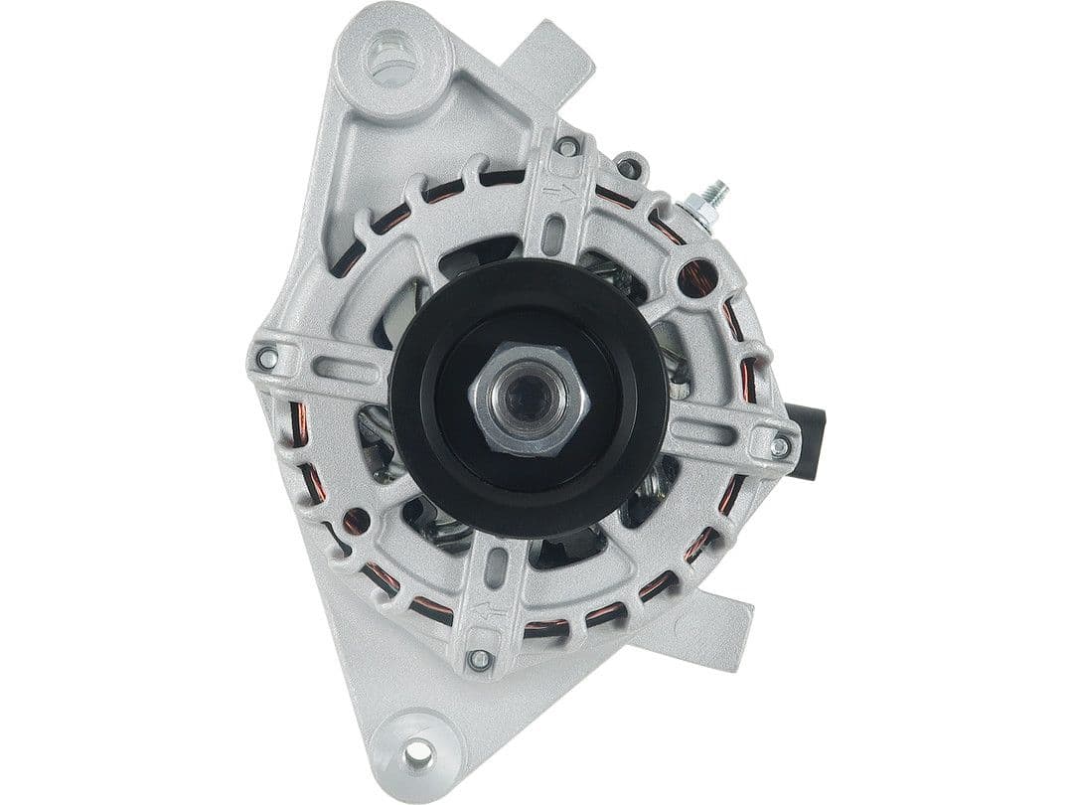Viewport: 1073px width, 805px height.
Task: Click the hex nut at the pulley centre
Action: click(528, 398)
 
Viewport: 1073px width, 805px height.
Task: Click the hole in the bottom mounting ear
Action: click(418, 754)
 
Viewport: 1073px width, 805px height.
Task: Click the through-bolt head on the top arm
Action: click(567, 148)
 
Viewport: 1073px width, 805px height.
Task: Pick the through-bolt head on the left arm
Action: click(266, 357)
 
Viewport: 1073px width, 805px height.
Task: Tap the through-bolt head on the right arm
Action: click(780, 446)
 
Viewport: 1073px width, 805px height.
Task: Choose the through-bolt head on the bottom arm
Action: click(480, 658)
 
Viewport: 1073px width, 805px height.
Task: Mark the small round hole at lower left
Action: click(355, 520)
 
